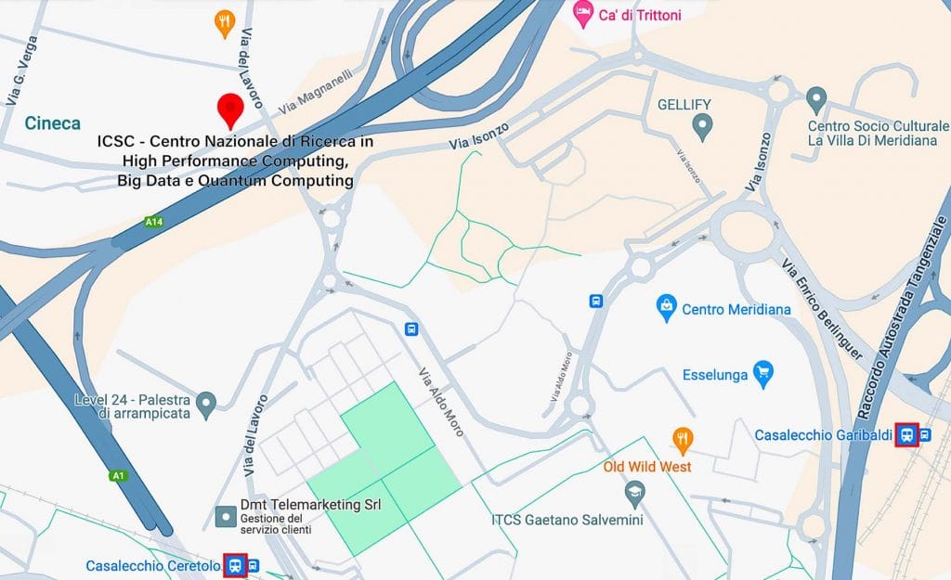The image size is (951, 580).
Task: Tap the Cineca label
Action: click(52, 123)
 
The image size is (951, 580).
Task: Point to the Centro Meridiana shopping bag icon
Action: click(665, 309)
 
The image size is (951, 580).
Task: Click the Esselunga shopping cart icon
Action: click(763, 375)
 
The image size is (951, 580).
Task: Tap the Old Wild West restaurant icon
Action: click(683, 439)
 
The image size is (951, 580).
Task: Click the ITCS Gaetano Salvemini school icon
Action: click(635, 496)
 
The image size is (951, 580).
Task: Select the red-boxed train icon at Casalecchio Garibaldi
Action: click(906, 434)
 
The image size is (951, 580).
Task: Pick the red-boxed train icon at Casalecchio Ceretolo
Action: click(236, 565)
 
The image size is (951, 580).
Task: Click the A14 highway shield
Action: click(153, 222)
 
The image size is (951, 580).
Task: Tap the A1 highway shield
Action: click(118, 475)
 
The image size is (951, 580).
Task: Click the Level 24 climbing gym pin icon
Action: click(206, 404)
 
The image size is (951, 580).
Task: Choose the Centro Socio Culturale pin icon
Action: click(816, 98)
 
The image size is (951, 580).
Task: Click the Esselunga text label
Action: click(714, 376)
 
